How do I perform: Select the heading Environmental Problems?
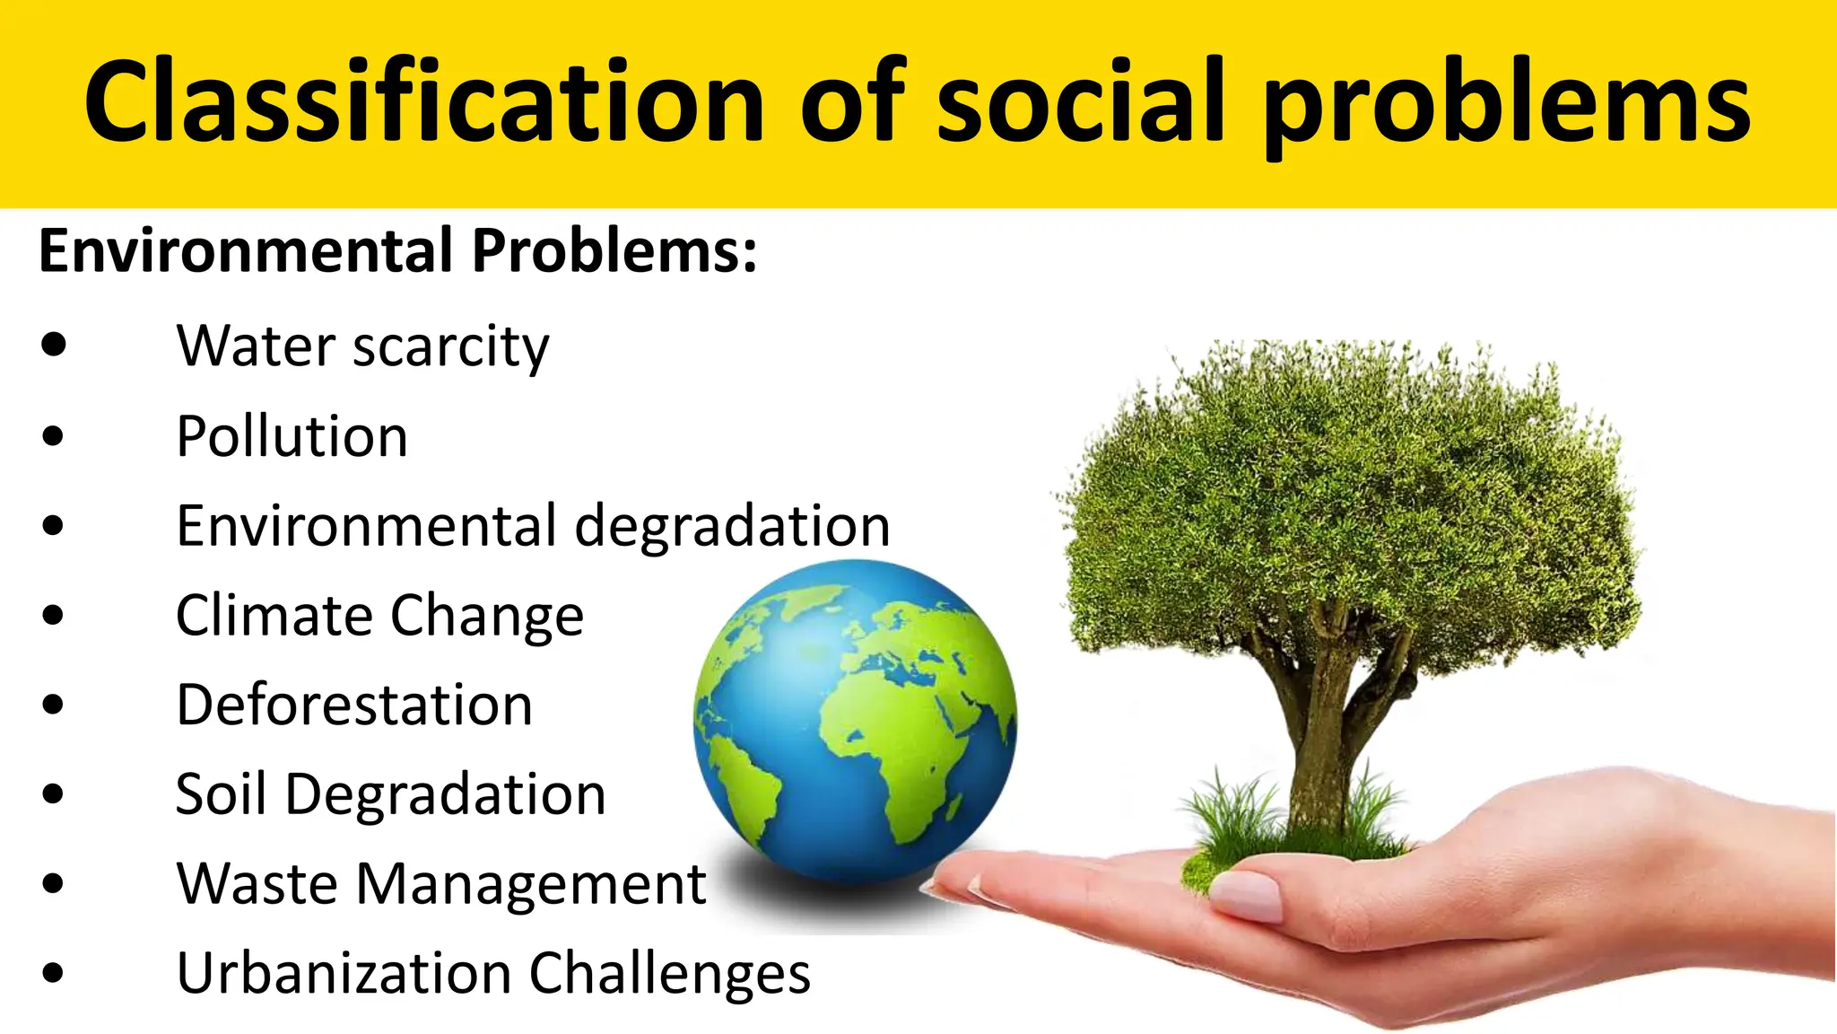[397, 250]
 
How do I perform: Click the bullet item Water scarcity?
[362, 346]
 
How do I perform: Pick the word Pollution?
[292, 437]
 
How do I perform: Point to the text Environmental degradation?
[533, 526]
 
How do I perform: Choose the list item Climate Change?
[379, 616]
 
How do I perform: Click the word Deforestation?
[354, 705]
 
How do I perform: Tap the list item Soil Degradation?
[390, 795]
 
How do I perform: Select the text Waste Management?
[441, 884]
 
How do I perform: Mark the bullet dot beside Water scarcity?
[54, 346]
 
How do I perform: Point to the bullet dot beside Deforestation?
[54, 705]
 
